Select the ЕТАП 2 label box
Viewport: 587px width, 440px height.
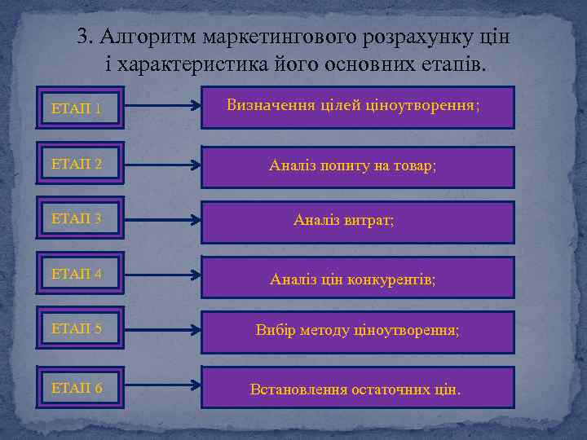pos(81,164)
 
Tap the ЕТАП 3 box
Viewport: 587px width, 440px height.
pos(81,218)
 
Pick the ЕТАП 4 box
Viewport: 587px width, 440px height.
pos(81,274)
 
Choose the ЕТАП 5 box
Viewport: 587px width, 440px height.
pos(81,329)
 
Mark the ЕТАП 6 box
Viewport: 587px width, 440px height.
pos(81,388)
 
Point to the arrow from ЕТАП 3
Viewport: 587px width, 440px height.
pos(162,219)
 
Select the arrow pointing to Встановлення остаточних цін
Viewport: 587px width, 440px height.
pos(162,385)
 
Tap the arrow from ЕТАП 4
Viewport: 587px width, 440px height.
pos(162,275)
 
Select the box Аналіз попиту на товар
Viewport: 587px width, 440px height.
pos(358,167)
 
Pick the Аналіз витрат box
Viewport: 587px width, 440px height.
pos(358,222)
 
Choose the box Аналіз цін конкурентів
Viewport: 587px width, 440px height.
pos(358,278)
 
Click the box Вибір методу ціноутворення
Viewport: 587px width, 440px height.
pos(358,332)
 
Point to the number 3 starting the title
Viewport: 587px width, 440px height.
pos(82,37)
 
